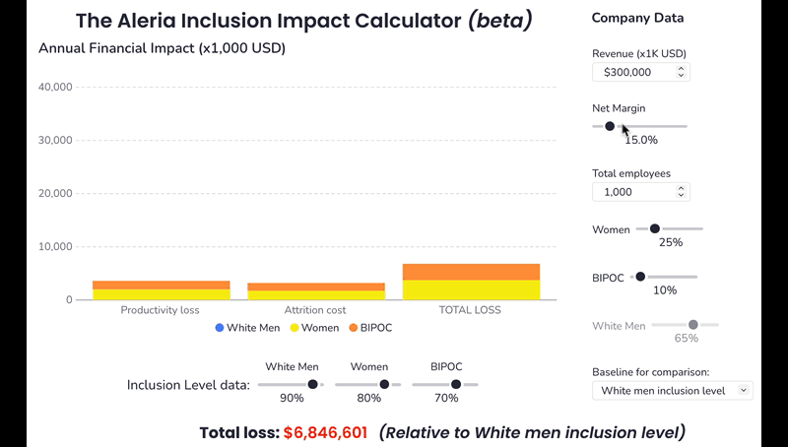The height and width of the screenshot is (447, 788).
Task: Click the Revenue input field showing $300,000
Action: tap(635, 72)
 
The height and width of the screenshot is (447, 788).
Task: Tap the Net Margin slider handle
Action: tap(610, 126)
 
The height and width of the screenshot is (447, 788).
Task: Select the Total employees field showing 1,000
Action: tap(635, 192)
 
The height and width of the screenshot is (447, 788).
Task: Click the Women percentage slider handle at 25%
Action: tap(654, 228)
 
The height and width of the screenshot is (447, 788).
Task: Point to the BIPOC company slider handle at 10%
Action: tap(640, 277)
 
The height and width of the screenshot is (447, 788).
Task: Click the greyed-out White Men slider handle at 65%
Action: tap(692, 324)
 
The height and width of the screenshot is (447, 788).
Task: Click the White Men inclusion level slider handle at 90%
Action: tap(312, 384)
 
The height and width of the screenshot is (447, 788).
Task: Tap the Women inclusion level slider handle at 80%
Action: tap(384, 384)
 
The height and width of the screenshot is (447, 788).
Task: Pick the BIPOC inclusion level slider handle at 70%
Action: tap(456, 384)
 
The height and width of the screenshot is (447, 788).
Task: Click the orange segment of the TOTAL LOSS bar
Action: tap(471, 272)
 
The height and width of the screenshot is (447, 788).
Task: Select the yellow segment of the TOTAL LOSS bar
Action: tap(471, 290)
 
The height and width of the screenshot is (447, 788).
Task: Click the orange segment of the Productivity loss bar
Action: tap(161, 285)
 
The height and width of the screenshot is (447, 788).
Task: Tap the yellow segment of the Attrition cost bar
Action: tap(315, 295)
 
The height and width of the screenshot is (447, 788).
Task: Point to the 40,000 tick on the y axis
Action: tap(53, 87)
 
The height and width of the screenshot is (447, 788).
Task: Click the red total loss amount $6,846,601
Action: tap(325, 432)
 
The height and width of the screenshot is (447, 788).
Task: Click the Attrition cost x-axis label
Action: tap(315, 310)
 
